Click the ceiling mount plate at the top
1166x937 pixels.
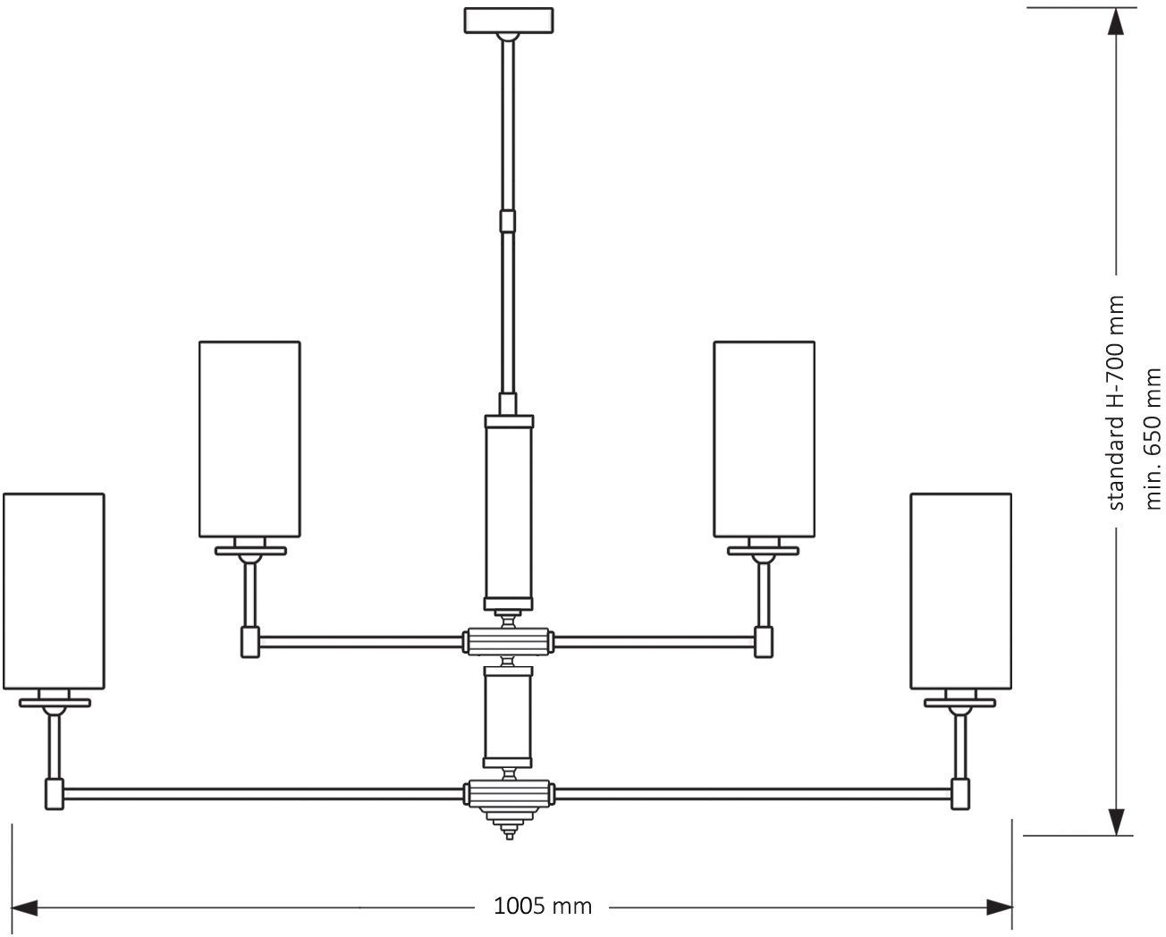(x=508, y=20)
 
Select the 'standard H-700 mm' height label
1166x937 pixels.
(x=1116, y=402)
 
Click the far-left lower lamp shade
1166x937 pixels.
(x=54, y=591)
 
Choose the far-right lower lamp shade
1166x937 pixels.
(x=960, y=591)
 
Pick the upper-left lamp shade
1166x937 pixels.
(x=249, y=440)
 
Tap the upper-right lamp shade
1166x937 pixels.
(x=764, y=440)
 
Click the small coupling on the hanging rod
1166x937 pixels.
(x=508, y=221)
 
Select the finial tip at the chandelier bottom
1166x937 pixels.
(x=509, y=833)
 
